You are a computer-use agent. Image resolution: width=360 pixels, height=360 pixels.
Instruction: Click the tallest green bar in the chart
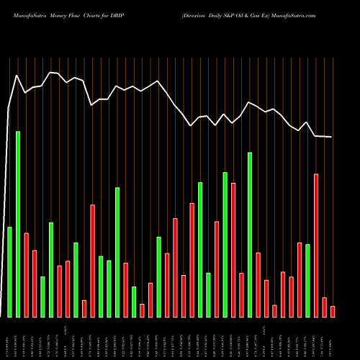pyautogui.click(x=18, y=224)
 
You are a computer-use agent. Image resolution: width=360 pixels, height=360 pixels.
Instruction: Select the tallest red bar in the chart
pyautogui.click(x=316, y=245)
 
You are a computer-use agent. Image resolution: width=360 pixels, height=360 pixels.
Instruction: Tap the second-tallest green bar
pyautogui.click(x=250, y=234)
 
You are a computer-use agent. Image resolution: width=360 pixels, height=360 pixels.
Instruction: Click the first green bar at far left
pyautogui.click(x=9, y=271)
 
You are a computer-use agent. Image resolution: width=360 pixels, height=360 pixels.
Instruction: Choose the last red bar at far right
pyautogui.click(x=333, y=311)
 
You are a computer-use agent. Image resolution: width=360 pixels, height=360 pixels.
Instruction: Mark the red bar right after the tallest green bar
pyautogui.click(x=27, y=274)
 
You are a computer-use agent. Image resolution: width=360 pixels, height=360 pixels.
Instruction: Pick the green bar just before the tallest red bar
pyautogui.click(x=307, y=280)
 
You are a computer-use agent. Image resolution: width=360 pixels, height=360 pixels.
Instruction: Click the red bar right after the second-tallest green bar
pyautogui.click(x=258, y=284)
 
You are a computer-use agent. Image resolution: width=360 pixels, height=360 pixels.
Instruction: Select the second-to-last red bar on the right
pyautogui.click(x=324, y=307)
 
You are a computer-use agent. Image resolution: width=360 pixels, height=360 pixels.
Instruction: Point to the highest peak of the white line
pyautogui.click(x=50, y=72)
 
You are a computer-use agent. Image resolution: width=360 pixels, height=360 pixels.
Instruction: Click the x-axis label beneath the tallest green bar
pyautogui.click(x=18, y=338)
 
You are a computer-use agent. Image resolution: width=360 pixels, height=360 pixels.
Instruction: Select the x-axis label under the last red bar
pyautogui.click(x=333, y=338)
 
